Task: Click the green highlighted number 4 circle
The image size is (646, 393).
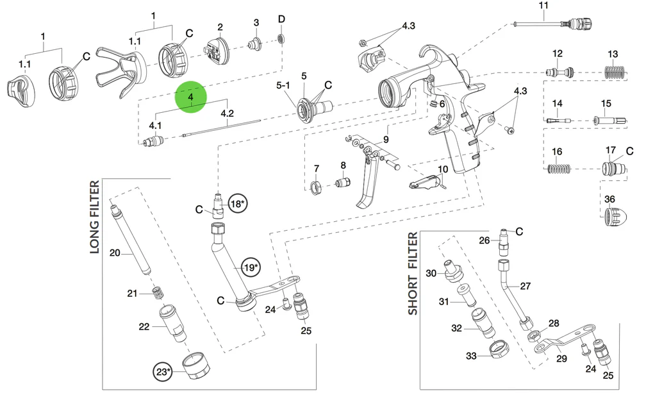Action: (x=190, y=97)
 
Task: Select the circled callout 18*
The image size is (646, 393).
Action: (x=238, y=203)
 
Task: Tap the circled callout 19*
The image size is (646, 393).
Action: (x=251, y=267)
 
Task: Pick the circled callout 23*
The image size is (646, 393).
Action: (x=163, y=371)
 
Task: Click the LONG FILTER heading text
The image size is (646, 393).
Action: (x=95, y=217)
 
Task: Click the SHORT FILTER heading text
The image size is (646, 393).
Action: (x=413, y=274)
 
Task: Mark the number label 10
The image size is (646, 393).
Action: (x=442, y=170)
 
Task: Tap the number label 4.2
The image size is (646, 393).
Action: (x=227, y=113)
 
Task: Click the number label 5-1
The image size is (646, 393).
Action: (x=283, y=85)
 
